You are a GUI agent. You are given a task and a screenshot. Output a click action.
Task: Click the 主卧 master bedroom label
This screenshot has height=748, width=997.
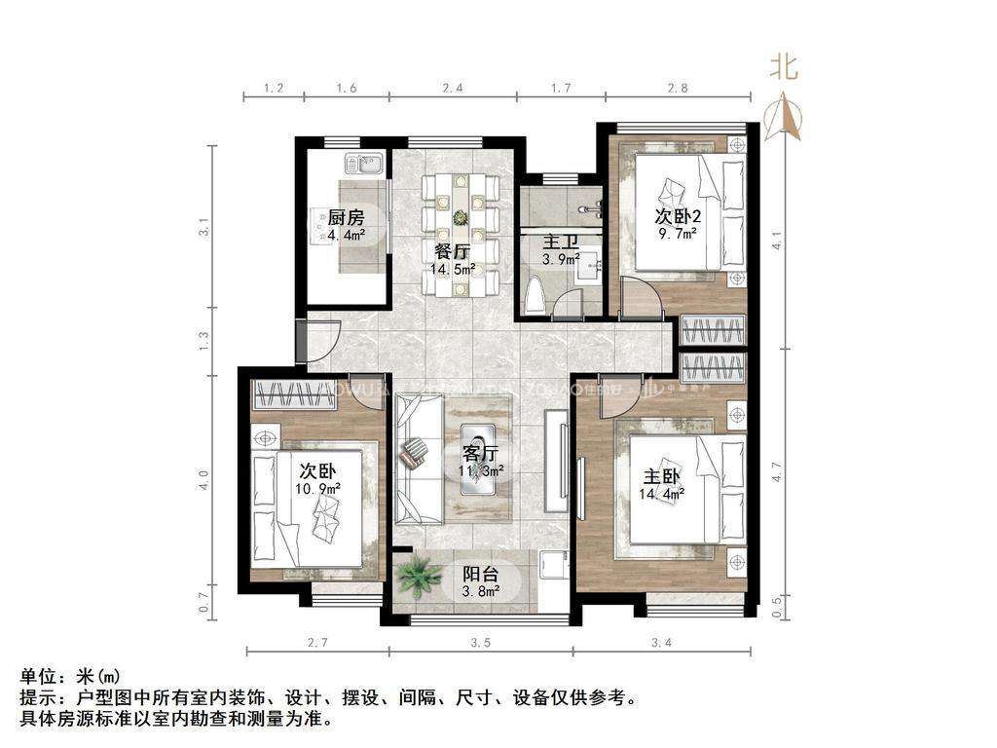point(662,476)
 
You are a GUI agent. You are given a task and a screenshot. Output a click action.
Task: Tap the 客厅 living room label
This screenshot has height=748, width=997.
point(480,453)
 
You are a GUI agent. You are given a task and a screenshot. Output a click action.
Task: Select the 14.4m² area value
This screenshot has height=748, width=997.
point(662,494)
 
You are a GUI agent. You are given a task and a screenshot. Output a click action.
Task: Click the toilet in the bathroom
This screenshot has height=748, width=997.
point(535,296)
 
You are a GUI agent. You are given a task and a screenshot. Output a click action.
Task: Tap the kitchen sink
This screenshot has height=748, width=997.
point(363,165)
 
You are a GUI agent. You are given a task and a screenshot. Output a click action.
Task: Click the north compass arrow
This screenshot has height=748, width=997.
point(784,116)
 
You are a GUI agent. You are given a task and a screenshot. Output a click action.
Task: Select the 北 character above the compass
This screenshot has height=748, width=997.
point(785,67)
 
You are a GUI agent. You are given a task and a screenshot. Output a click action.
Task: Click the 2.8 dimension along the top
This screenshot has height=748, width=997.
point(679,88)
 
